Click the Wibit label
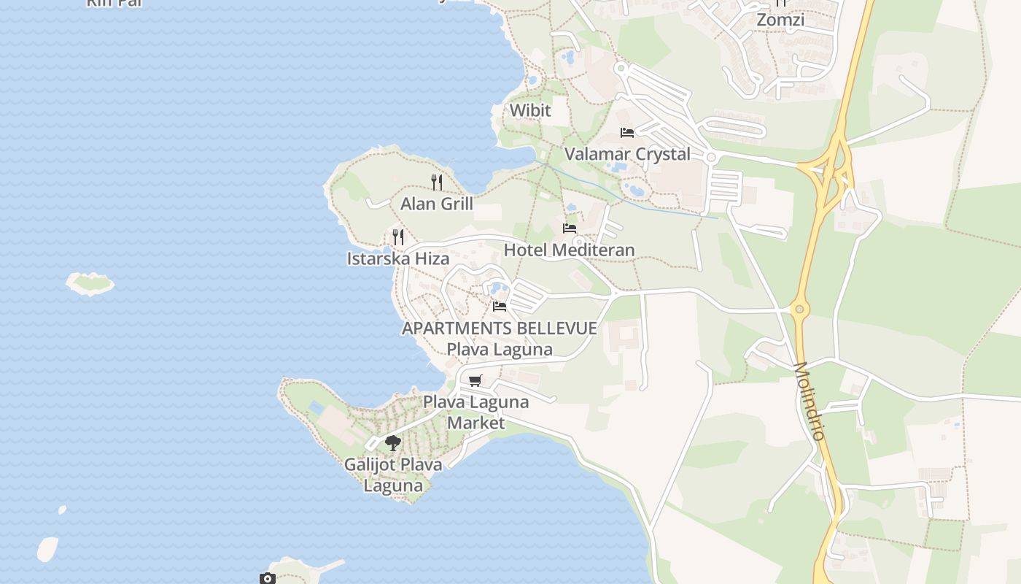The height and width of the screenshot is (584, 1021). coord(530,110)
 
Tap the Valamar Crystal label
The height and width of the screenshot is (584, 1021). coord(627,154)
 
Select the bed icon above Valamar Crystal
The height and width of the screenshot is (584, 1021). coord(627,133)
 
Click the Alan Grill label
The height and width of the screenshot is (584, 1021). coord(437,204)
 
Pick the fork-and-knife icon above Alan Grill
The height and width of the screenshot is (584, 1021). coord(437,182)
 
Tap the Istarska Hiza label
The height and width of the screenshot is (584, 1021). coord(397,258)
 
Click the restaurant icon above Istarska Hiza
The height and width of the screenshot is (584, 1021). coord(398,237)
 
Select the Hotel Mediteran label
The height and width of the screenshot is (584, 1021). coord(569,250)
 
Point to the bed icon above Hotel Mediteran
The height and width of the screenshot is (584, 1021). coord(570,228)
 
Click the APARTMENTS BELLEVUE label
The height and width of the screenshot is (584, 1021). coord(500,328)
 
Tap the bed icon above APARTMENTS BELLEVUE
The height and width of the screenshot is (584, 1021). coord(500,307)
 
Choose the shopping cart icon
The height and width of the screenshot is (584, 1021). coord(475,380)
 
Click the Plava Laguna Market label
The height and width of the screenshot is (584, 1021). coord(475,412)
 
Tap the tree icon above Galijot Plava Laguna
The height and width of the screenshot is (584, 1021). coord(393,442)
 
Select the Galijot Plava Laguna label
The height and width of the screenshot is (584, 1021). coord(393,474)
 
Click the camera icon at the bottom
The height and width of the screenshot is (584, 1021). coord(268,579)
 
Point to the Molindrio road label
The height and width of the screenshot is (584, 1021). coord(809,401)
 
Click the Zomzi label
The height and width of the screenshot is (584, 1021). coord(780,20)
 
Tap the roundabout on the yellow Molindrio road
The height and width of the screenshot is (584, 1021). coord(800,310)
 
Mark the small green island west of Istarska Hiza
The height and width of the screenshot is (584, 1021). coord(90,283)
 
